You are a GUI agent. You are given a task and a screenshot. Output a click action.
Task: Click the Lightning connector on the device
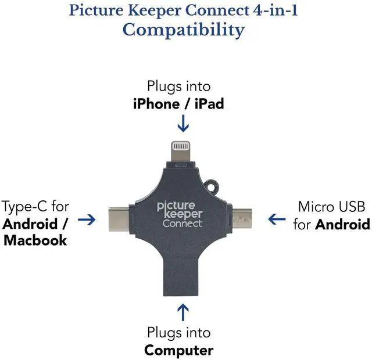pyautogui.click(x=181, y=152)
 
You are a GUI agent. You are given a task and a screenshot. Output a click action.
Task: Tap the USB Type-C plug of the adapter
pyautogui.click(x=119, y=219)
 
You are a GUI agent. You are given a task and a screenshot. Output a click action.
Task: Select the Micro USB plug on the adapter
pyautogui.click(x=242, y=218)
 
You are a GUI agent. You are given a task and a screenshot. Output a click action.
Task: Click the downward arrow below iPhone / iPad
pyautogui.click(x=183, y=123)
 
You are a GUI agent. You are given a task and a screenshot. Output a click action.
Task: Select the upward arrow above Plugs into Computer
pyautogui.click(x=183, y=312)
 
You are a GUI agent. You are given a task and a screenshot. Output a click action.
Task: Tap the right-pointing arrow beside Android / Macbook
pyautogui.click(x=87, y=219)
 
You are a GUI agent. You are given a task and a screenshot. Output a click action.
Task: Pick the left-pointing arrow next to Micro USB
pyautogui.click(x=277, y=219)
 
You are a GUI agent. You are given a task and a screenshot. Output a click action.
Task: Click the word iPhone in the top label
pyautogui.click(x=156, y=104)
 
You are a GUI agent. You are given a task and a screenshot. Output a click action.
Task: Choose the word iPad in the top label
pyautogui.click(x=209, y=104)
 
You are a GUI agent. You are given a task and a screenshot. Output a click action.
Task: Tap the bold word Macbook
pyautogui.click(x=35, y=240)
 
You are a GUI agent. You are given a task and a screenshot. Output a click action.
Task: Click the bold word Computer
pyautogui.click(x=178, y=350)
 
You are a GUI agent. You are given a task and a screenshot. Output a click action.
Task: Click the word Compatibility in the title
pyautogui.click(x=184, y=31)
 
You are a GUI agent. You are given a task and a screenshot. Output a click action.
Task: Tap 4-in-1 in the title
pyautogui.click(x=275, y=10)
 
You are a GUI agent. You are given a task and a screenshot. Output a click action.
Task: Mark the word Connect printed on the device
pyautogui.click(x=183, y=223)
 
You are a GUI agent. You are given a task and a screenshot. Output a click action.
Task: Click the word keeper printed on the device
pyautogui.click(x=184, y=214)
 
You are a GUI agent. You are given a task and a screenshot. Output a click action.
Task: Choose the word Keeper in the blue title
pyautogui.click(x=154, y=11)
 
